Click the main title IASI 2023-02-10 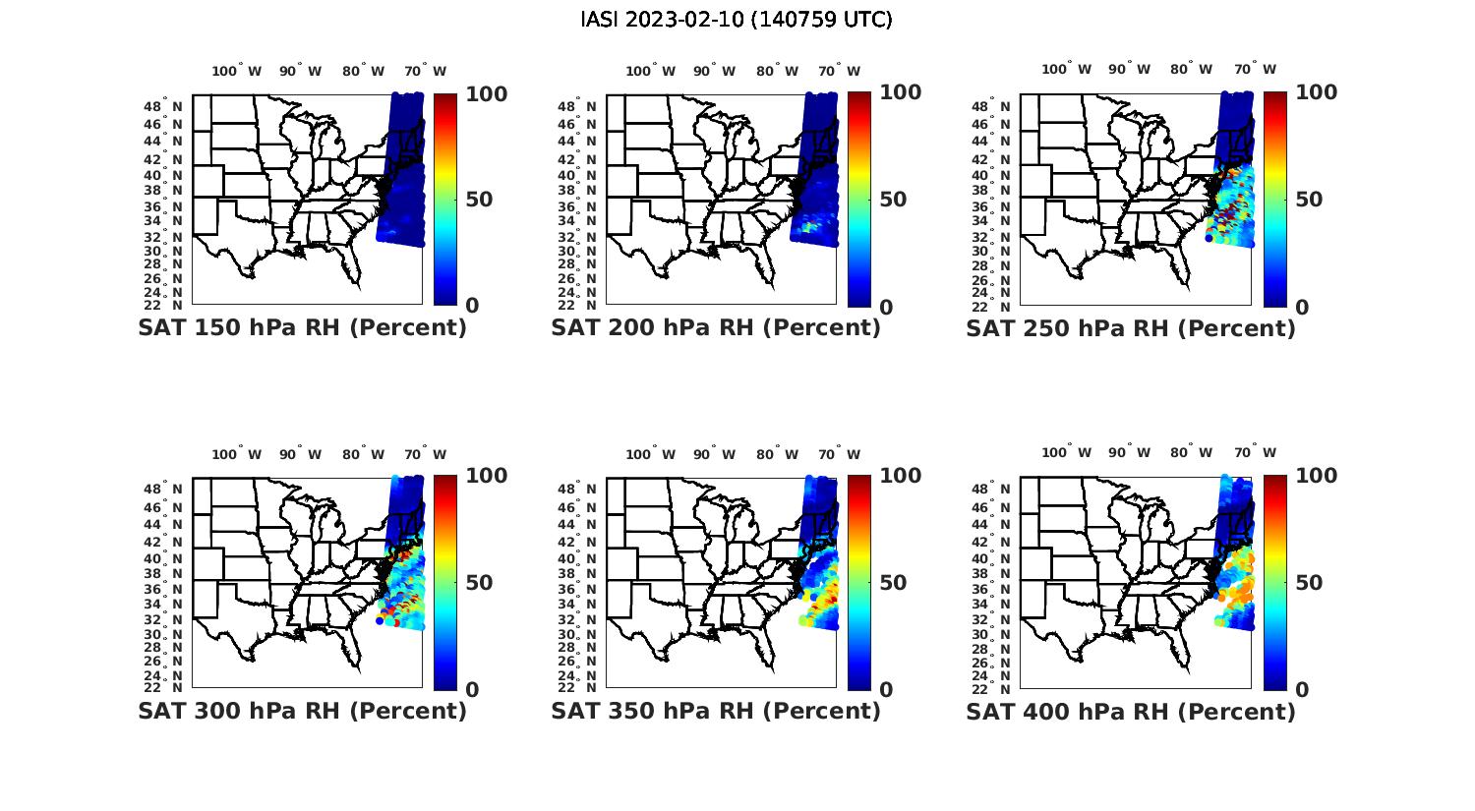(x=737, y=20)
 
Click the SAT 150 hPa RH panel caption (x=302, y=327)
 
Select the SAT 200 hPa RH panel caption (x=716, y=327)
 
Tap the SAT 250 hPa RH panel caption (x=1131, y=327)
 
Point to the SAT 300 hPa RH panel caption (x=302, y=711)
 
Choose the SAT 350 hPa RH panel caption (x=716, y=711)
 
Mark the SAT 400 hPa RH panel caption (x=1131, y=711)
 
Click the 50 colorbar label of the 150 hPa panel (x=478, y=200)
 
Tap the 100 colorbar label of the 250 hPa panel (x=1316, y=92)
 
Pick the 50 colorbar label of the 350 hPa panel (x=892, y=583)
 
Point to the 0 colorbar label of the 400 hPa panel (x=1302, y=690)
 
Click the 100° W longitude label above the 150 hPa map (x=237, y=71)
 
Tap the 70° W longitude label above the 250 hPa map (x=1255, y=69)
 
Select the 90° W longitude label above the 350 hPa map (x=714, y=454)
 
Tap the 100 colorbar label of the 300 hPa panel (x=486, y=476)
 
